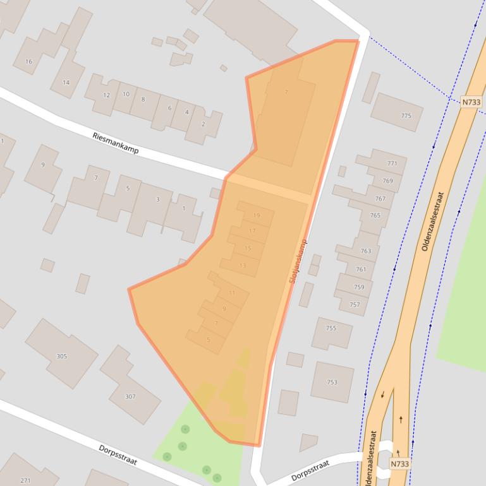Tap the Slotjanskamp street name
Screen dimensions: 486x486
pyautogui.click(x=298, y=260)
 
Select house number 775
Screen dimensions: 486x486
pyautogui.click(x=406, y=116)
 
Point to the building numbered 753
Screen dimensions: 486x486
pyautogui.click(x=332, y=382)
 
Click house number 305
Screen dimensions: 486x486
pyautogui.click(x=61, y=356)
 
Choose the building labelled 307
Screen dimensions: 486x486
pyautogui.click(x=130, y=396)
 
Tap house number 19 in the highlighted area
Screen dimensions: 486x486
pyautogui.click(x=256, y=215)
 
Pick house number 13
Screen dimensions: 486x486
pyautogui.click(x=243, y=266)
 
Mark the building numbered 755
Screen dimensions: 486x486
pyautogui.click(x=331, y=328)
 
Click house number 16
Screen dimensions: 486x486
pyautogui.click(x=28, y=61)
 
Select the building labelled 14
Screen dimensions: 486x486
pyautogui.click(x=66, y=83)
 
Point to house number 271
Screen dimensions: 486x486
pyautogui.click(x=25, y=480)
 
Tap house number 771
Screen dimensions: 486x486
pyautogui.click(x=392, y=163)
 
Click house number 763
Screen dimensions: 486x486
pyautogui.click(x=366, y=251)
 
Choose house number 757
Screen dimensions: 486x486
pyautogui.click(x=355, y=305)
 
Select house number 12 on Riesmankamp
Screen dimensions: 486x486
pyautogui.click(x=106, y=95)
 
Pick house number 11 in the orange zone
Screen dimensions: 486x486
pyautogui.click(x=232, y=293)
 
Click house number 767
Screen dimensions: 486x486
pyautogui.click(x=380, y=198)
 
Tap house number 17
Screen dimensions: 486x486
pyautogui.click(x=252, y=231)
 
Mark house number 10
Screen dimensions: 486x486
pyautogui.click(x=126, y=94)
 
